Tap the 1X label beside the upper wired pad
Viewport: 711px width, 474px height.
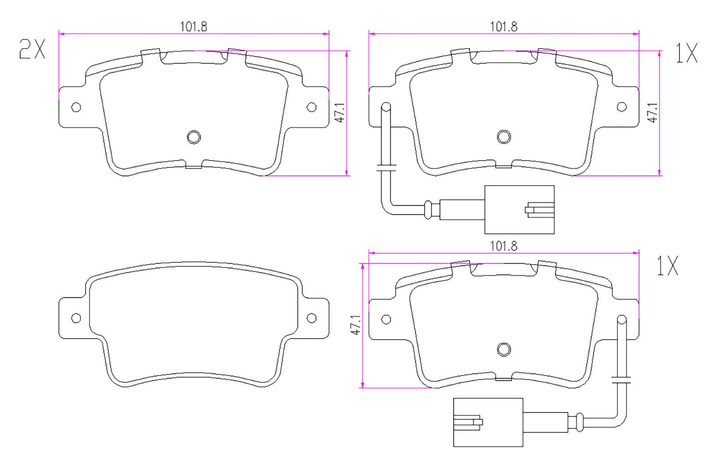tap(686, 53)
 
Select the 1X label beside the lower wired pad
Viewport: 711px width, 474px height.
tap(668, 266)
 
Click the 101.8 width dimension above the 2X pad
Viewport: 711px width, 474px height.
tap(193, 27)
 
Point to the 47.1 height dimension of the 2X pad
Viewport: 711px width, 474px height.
tap(340, 113)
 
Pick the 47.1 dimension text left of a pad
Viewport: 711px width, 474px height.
tap(356, 325)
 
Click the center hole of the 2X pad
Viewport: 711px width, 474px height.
tap(194, 137)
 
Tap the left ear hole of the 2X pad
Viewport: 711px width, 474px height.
tap(76, 107)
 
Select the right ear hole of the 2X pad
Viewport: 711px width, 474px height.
tap(311, 107)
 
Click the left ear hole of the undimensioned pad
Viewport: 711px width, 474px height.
tap(76, 318)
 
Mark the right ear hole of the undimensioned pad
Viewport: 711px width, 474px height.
tap(311, 318)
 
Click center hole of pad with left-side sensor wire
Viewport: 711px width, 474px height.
tap(504, 137)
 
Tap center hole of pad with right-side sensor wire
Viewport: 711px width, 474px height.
tap(504, 349)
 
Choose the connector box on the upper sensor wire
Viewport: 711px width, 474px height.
tap(519, 210)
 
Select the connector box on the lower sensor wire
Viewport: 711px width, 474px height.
tap(488, 422)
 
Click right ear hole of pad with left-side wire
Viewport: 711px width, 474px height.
tap(621, 107)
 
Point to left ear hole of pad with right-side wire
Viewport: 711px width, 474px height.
tap(386, 319)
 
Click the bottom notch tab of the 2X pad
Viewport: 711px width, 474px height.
tap(194, 166)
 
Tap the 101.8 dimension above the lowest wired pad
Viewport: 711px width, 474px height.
tap(503, 246)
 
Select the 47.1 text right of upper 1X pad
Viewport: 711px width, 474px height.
tap(652, 113)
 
